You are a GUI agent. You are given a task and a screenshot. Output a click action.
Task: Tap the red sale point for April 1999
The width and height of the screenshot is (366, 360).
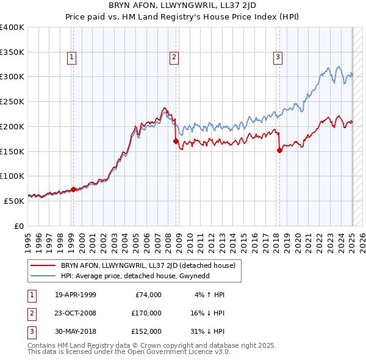click(x=73, y=189)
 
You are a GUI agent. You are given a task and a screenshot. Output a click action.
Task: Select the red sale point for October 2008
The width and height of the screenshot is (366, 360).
click(x=176, y=141)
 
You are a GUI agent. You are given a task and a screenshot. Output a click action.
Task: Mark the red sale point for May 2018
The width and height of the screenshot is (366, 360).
click(x=279, y=150)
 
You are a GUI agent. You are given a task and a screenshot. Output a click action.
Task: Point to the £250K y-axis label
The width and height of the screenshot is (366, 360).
click(x=12, y=101)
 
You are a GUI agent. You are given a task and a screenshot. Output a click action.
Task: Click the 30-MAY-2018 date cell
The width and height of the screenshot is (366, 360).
click(x=76, y=331)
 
